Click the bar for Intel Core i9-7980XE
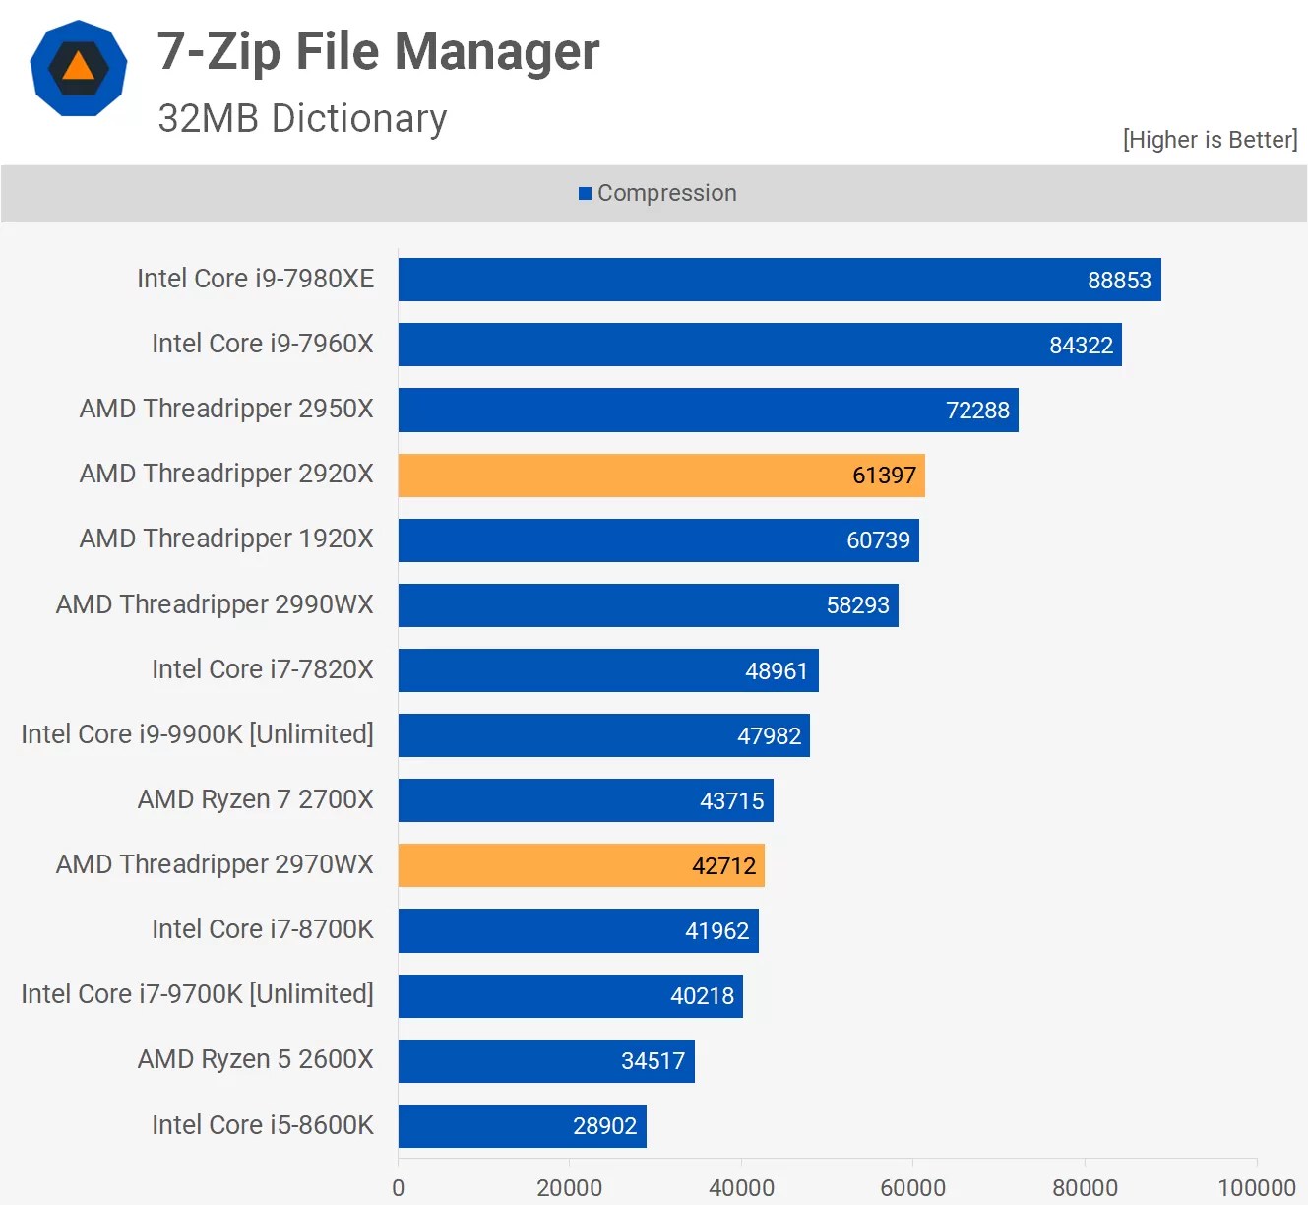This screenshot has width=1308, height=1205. pyautogui.click(x=779, y=280)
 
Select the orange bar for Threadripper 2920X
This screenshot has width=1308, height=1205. pyautogui.click(x=660, y=476)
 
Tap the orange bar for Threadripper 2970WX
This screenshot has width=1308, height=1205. pyautogui.click(x=581, y=865)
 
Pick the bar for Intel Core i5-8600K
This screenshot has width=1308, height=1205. pyautogui.click(x=522, y=1125)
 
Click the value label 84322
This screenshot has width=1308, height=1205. pyautogui.click(x=1081, y=346)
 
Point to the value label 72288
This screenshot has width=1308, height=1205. pyautogui.click(x=977, y=411)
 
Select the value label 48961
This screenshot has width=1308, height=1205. pyautogui.click(x=776, y=671)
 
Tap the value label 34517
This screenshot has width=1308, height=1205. pyautogui.click(x=653, y=1061)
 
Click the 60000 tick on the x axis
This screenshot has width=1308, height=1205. pyautogui.click(x=912, y=1187)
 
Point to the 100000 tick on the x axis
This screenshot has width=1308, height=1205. pyautogui.click(x=1256, y=1187)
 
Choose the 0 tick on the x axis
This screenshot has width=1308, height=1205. pyautogui.click(x=399, y=1187)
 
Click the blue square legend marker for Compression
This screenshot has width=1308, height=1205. pyautogui.click(x=585, y=194)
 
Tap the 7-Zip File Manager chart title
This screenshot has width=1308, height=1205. pyautogui.click(x=378, y=51)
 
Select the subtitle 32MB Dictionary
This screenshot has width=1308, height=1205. pyautogui.click(x=302, y=119)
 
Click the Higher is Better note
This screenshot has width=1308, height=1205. pyautogui.click(x=1210, y=140)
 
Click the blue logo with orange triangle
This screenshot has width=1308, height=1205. pyautogui.click(x=79, y=68)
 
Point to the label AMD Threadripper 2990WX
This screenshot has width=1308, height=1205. pyautogui.click(x=215, y=604)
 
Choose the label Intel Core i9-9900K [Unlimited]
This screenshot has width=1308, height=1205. pyautogui.click(x=197, y=734)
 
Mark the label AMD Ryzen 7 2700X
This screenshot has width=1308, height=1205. pyautogui.click(x=255, y=799)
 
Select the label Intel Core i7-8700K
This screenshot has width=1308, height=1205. pyautogui.click(x=262, y=929)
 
